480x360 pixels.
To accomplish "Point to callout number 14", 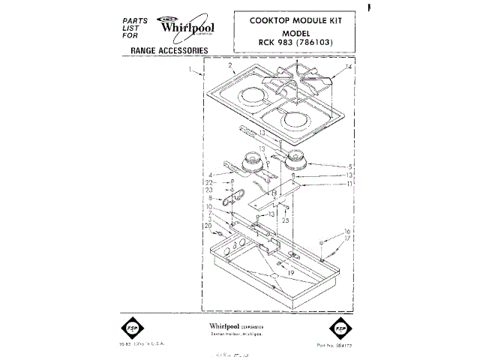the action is click(x=347, y=67).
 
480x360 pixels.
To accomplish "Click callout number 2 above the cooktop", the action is click(x=231, y=66).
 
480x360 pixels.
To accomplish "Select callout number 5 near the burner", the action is click(x=350, y=166).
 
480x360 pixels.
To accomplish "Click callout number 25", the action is click(x=285, y=220).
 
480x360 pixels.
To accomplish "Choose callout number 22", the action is click(x=211, y=184).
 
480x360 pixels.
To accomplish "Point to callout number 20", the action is click(x=208, y=226).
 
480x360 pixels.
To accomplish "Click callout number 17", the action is click(x=347, y=238).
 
